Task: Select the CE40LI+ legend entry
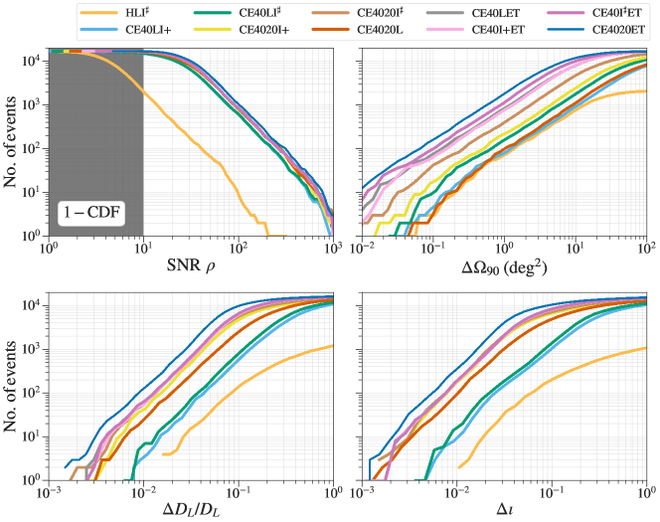(159, 30)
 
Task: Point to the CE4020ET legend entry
(605, 30)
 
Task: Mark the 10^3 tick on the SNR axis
(332, 249)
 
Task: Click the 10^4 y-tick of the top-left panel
(29, 62)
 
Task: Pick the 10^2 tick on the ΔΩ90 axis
(646, 249)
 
